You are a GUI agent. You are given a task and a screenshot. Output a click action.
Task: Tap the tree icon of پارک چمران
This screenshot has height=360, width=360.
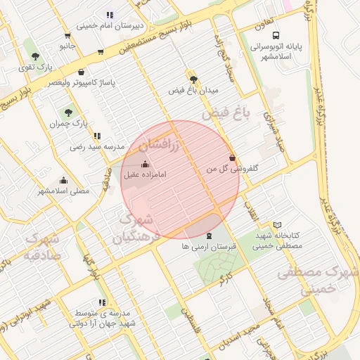click(68, 112)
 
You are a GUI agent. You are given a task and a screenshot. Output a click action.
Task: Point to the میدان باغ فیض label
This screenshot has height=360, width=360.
click(194, 91)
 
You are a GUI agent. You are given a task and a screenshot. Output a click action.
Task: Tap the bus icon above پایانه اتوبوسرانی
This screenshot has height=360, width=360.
click(276, 35)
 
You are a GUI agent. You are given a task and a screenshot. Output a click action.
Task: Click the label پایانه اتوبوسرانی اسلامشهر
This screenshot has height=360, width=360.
click(276, 52)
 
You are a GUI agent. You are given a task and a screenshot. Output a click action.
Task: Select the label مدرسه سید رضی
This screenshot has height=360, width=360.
click(97, 147)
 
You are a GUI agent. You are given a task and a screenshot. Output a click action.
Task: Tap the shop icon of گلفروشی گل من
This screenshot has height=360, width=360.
click(232, 158)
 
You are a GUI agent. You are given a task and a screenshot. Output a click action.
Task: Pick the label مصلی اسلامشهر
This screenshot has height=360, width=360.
click(63, 191)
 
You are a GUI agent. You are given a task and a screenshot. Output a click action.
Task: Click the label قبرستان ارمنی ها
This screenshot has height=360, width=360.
click(210, 247)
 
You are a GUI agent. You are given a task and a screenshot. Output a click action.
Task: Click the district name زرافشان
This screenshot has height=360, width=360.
click(160, 146)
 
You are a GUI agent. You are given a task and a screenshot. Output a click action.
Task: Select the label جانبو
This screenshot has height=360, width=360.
click(67, 46)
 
